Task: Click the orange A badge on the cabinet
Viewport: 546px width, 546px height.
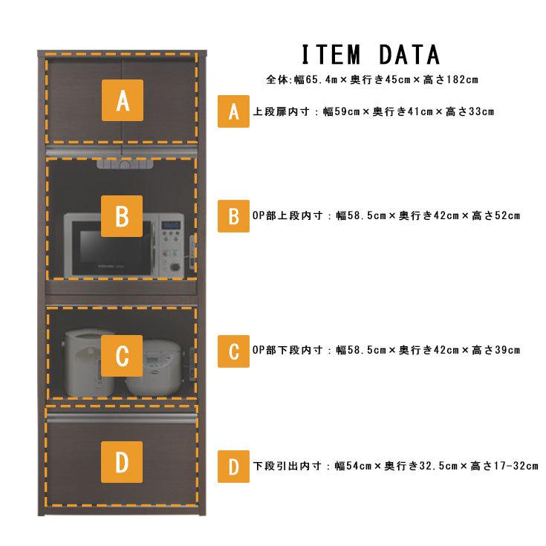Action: point(123,100)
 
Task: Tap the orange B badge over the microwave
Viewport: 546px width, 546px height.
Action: point(122,216)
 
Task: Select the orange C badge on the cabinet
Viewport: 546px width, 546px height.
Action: point(122,356)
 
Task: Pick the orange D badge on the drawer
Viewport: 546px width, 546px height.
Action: point(122,462)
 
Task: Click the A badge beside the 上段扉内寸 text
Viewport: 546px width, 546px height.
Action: point(234,111)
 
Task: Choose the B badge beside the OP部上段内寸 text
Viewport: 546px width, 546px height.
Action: point(234,216)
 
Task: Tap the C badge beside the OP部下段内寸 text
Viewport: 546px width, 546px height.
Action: point(234,351)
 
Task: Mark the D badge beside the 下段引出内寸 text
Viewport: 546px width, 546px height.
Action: point(234,467)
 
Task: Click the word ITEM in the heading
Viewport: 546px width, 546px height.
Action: point(331,55)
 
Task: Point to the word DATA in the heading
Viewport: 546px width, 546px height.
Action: point(409,55)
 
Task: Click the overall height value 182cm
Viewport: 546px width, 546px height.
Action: point(462,79)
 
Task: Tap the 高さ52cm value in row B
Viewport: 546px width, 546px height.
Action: point(496,216)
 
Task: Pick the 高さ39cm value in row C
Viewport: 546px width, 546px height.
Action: point(496,351)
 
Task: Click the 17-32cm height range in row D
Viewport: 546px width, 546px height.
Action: point(516,466)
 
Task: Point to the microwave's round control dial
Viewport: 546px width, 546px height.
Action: point(175,267)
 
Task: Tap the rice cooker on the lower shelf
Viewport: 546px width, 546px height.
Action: point(153,368)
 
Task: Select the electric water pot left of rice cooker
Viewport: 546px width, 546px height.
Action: point(88,363)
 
